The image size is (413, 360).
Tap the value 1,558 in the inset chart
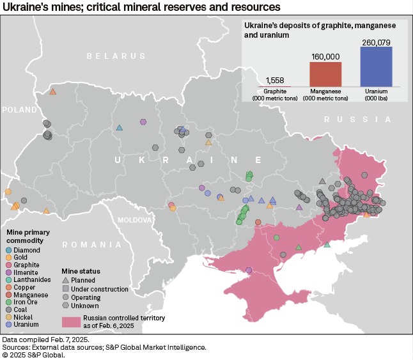click(274, 80)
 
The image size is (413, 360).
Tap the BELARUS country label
click(108, 56)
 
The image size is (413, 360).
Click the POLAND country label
click(20, 110)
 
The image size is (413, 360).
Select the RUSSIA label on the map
click(357, 120)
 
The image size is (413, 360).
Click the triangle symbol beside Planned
click(66, 280)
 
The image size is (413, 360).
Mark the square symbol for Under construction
click(66, 289)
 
